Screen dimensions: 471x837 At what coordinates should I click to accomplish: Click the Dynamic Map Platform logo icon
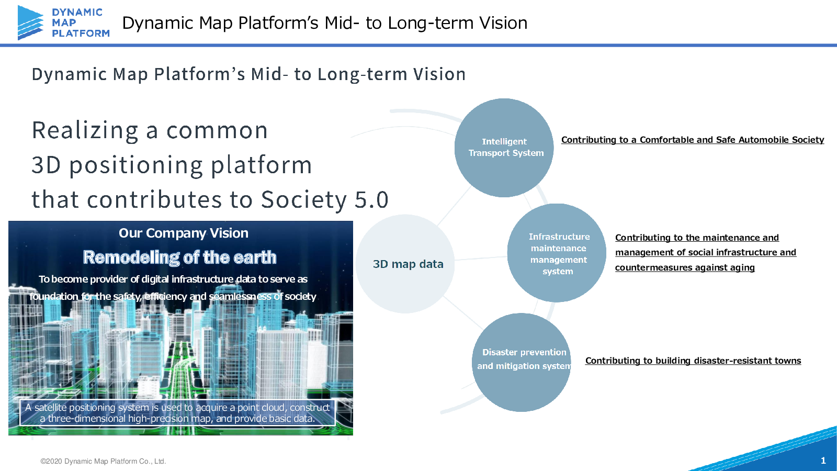click(30, 23)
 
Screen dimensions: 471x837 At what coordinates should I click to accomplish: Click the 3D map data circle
click(405, 264)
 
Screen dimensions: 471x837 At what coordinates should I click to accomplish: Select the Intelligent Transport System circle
click(504, 148)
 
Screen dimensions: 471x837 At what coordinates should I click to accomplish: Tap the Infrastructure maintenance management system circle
click(557, 253)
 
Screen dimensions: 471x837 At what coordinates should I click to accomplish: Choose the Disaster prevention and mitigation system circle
click(522, 362)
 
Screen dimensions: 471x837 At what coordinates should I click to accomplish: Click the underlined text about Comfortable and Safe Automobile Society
click(692, 140)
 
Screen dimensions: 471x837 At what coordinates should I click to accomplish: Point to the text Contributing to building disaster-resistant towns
click(693, 361)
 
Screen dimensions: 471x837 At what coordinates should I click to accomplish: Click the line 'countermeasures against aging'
click(684, 267)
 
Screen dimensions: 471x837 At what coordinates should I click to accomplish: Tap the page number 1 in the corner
click(823, 461)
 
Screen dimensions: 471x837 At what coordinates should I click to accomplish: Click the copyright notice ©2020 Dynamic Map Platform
click(103, 461)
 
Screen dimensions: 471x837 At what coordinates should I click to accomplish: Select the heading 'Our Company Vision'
click(183, 233)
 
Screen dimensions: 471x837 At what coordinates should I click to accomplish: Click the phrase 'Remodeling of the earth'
click(179, 257)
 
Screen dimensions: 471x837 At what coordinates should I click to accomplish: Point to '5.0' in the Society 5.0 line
click(371, 200)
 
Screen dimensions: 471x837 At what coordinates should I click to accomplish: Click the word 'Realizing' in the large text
click(85, 130)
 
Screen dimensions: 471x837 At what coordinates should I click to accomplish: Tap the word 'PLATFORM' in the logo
click(81, 33)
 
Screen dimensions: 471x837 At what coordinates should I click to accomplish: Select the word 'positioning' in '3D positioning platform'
click(136, 165)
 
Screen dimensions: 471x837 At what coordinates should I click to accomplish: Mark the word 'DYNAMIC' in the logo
click(77, 12)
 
